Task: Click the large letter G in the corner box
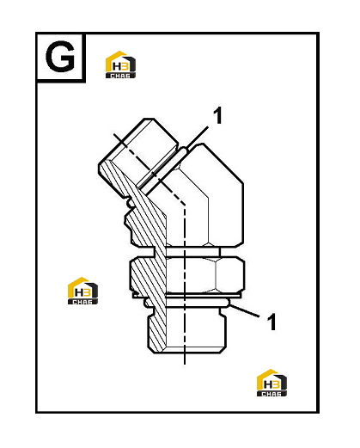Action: click(x=60, y=56)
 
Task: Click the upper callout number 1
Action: click(x=218, y=115)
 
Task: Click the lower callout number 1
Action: click(x=272, y=322)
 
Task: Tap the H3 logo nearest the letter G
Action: click(x=120, y=64)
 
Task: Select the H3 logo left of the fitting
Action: click(x=82, y=291)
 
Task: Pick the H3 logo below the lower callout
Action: click(x=272, y=383)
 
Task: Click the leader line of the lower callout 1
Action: click(x=244, y=310)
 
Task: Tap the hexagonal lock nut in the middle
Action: click(x=187, y=275)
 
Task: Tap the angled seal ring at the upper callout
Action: click(x=163, y=169)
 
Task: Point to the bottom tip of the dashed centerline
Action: click(x=185, y=364)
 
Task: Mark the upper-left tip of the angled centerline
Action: click(x=114, y=133)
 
